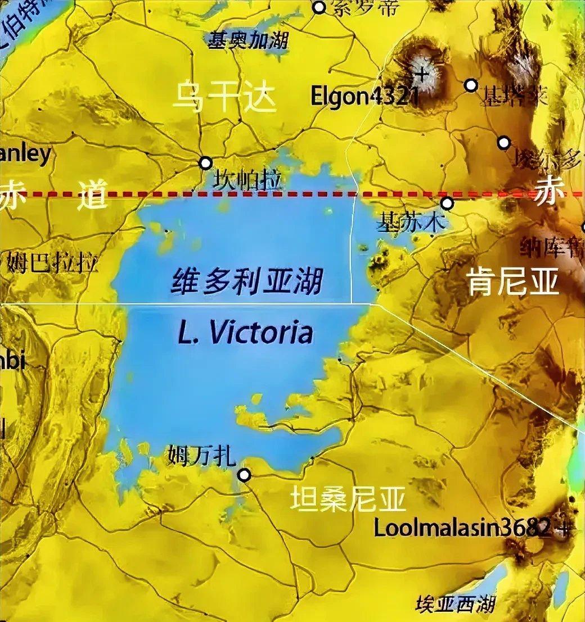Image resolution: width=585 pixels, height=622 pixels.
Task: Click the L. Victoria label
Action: point(245,333)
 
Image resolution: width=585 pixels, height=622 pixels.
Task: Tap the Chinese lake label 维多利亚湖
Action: point(247,280)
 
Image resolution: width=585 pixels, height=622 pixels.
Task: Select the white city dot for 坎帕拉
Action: point(205,163)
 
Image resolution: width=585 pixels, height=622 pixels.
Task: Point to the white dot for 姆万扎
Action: point(244,475)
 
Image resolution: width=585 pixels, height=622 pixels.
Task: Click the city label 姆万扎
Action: point(201,455)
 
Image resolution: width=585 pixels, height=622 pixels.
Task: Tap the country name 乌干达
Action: point(224,97)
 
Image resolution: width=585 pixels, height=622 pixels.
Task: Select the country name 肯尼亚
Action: point(514,281)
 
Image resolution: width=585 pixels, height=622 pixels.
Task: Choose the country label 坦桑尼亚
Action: point(348,498)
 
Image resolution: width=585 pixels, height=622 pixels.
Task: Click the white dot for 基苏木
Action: point(447,203)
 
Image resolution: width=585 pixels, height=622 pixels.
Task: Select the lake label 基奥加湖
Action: point(248,40)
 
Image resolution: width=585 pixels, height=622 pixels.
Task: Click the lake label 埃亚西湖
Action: point(455,605)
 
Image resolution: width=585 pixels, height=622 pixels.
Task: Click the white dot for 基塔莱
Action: point(471,85)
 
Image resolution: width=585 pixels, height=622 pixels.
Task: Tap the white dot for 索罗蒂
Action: point(319,7)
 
